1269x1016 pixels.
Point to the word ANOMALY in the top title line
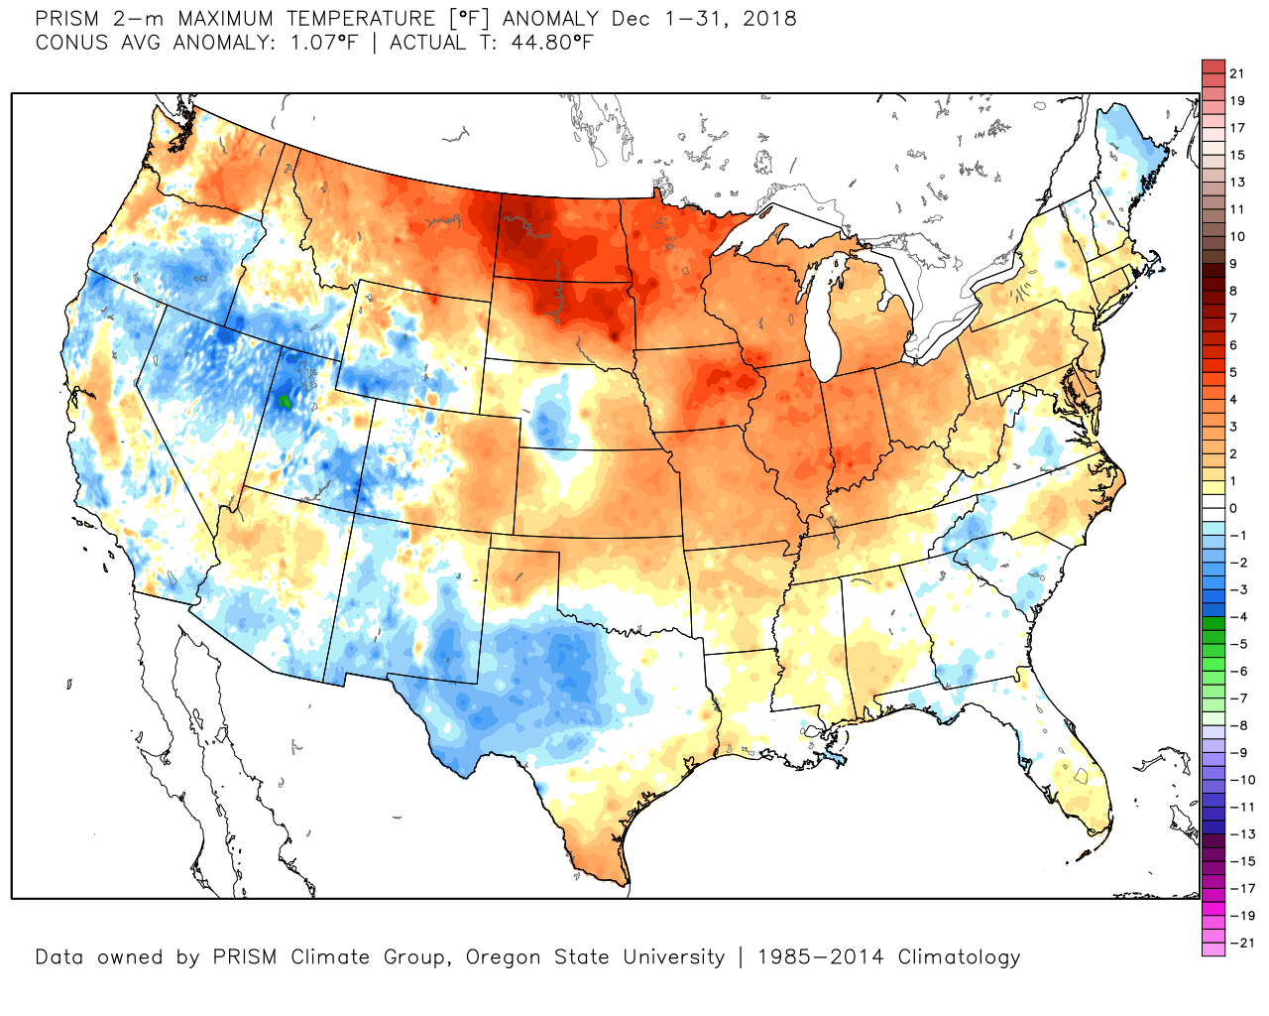551,19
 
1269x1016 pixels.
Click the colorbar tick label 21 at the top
1236,73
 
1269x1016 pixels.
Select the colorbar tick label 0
1233,508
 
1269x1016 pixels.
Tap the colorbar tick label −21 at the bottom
1241,943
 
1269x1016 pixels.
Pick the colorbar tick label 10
1236,236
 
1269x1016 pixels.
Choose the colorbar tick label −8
1238,725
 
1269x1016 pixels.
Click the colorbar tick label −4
1238,616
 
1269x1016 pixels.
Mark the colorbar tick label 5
1233,372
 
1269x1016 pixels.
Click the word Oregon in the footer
505,957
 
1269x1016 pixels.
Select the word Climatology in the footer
959,957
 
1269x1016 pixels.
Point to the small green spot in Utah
285,401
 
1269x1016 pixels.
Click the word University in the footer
673,957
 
